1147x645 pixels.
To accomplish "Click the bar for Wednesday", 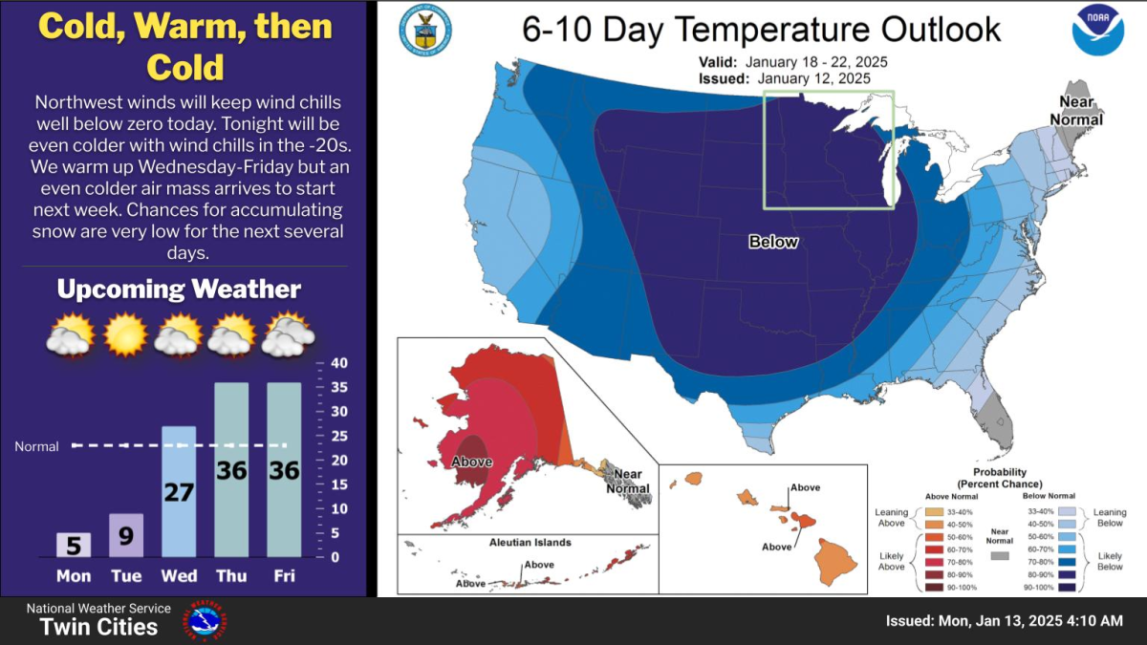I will pos(179,491).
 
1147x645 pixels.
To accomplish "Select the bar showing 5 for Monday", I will pos(73,545).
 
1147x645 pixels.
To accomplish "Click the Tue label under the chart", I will pos(126,576).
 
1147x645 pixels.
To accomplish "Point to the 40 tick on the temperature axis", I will pos(338,363).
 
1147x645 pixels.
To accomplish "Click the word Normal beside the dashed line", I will pos(36,446).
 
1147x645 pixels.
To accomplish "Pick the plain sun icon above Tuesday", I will pos(125,334).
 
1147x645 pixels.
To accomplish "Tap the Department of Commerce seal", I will pos(424,30).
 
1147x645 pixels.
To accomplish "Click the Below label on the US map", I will pos(773,242).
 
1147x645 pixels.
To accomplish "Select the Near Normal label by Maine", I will pos(1076,111).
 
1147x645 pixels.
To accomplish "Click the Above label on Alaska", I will pos(472,462).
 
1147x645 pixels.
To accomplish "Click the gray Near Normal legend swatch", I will pos(1000,555).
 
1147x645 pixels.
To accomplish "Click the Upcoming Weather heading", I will pos(179,290).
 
